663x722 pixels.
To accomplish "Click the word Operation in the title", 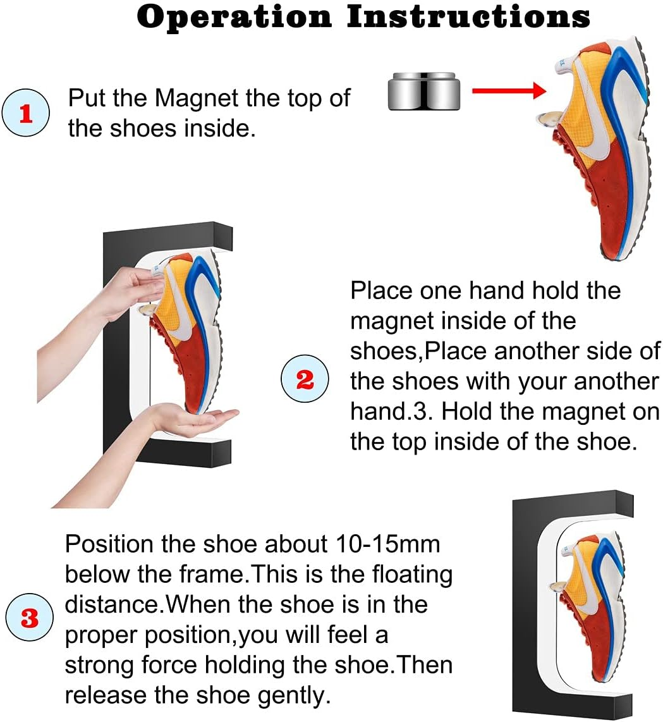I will click(234, 16).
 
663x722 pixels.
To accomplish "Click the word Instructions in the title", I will click(468, 16).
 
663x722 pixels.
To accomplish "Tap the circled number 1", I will click(25, 114).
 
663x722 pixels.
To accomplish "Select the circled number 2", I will click(305, 381).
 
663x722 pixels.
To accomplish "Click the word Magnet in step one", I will click(197, 99).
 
